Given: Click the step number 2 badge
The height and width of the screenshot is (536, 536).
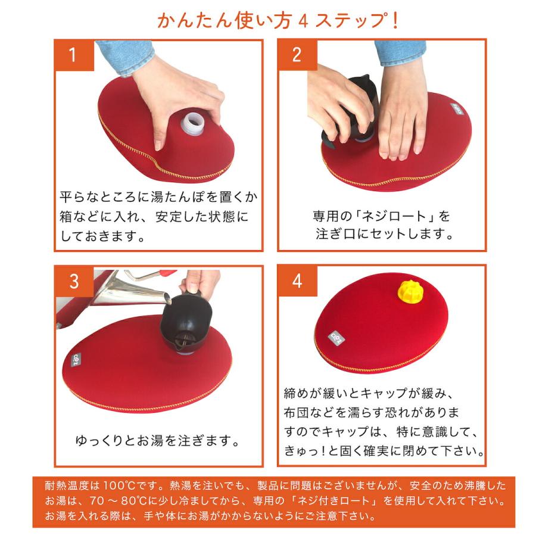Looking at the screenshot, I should (297, 55).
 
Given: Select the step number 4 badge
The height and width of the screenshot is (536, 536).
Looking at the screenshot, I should (297, 281).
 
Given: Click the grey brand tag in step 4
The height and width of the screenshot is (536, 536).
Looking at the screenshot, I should (334, 338).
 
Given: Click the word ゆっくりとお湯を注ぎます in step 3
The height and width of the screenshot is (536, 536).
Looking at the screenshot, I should (158, 441).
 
